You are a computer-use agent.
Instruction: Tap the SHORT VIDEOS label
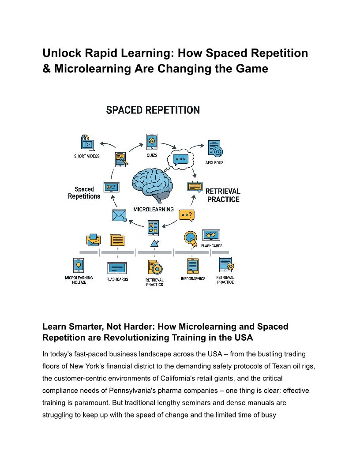click(x=86, y=156)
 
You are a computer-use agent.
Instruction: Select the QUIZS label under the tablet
click(x=152, y=155)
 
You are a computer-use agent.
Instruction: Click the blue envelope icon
click(x=119, y=215)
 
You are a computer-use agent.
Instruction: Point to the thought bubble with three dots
click(x=180, y=159)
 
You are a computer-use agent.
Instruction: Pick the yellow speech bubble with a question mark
click(x=186, y=215)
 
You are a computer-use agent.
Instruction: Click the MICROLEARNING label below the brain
click(x=153, y=209)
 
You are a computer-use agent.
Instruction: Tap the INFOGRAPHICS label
click(x=193, y=279)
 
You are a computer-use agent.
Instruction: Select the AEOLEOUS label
click(x=214, y=163)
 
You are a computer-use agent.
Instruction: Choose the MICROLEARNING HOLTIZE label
click(x=79, y=280)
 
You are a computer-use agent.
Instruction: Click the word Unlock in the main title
click(x=60, y=53)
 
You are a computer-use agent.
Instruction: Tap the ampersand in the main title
click(x=47, y=68)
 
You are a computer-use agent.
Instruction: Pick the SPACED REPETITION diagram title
click(x=153, y=110)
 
